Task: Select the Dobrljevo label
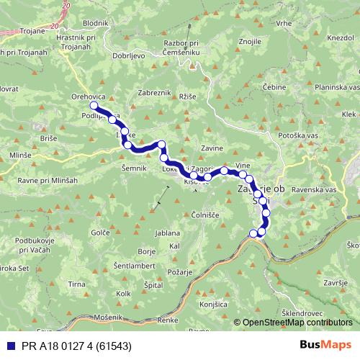tap(130, 55)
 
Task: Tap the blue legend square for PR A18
tap(9, 345)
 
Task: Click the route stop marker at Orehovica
tap(94, 106)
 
